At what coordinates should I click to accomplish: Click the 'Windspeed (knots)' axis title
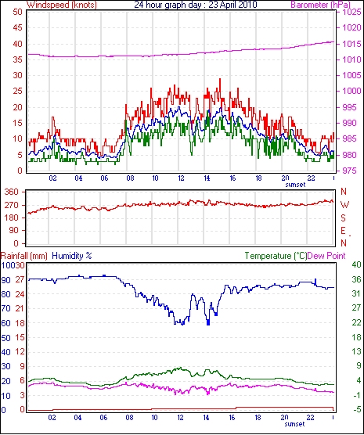62,5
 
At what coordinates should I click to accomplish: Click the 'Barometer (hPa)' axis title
320,5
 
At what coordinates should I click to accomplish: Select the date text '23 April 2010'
232,5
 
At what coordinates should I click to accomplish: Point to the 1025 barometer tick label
352,12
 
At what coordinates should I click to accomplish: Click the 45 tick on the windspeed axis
17,27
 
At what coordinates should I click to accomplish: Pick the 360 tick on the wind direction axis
12,192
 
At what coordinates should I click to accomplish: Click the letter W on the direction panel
344,205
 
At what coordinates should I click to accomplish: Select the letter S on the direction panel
344,218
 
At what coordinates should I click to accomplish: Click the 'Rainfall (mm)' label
24,256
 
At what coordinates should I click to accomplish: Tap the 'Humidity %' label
72,256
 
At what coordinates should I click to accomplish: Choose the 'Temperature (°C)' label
276,256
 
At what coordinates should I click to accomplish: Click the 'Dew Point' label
326,256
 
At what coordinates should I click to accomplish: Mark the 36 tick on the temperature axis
356,279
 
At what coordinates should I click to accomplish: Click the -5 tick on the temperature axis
356,409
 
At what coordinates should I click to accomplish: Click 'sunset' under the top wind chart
295,185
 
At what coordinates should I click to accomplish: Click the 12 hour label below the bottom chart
181,417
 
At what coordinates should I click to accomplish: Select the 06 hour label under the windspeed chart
104,178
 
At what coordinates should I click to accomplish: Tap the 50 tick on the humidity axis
6,338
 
